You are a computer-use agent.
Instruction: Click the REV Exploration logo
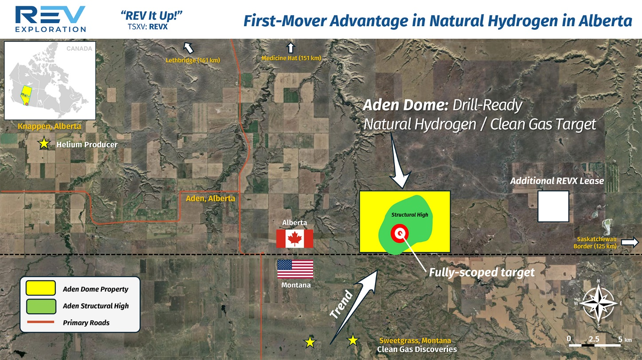point(51,19)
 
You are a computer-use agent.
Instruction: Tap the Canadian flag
point(295,239)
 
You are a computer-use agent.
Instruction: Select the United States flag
point(295,269)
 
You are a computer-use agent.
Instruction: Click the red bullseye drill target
point(399,233)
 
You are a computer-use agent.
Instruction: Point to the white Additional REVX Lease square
point(553,206)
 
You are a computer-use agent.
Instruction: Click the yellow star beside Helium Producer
point(44,143)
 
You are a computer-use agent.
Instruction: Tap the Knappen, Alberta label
point(49,127)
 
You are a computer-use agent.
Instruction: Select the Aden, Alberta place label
point(210,198)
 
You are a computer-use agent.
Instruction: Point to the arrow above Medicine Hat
point(291,47)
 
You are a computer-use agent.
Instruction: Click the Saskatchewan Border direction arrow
point(630,242)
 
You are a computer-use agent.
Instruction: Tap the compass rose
point(599,303)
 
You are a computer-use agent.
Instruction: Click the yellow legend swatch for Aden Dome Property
point(41,288)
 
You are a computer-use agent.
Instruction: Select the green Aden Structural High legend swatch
point(41,306)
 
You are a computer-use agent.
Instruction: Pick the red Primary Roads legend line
point(41,322)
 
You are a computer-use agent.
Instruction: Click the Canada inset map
point(50,81)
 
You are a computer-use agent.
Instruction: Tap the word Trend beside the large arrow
point(341,305)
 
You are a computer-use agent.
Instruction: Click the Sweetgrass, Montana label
point(415,341)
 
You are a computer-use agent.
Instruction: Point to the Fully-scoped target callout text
point(482,273)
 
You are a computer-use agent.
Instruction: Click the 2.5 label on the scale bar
point(594,339)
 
